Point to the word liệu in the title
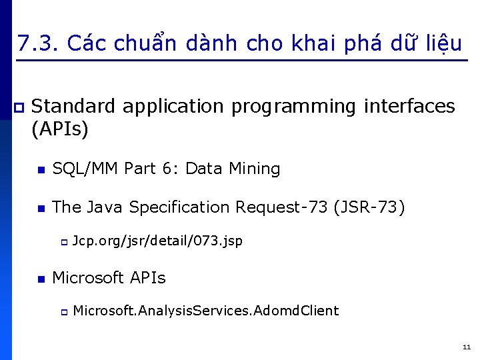[441, 44]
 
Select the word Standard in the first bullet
[74, 106]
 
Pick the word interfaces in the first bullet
[409, 106]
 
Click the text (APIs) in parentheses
[60, 129]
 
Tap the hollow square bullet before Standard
[19, 107]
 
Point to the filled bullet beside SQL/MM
[41, 171]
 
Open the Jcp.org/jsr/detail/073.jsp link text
[157, 241]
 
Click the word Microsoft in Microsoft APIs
[88, 277]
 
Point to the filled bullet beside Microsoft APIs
[41, 279]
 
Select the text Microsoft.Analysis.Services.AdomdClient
[205, 311]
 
